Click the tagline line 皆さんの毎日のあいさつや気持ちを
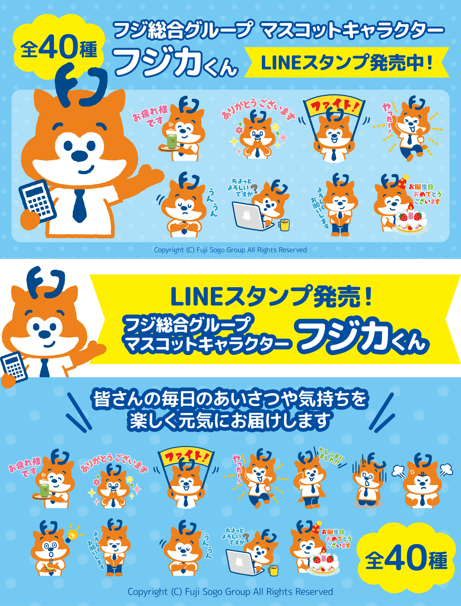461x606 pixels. click(230, 399)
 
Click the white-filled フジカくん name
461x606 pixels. click(176, 62)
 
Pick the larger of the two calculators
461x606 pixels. click(38, 202)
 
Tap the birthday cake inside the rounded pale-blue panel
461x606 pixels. click(411, 221)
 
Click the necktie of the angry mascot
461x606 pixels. click(422, 501)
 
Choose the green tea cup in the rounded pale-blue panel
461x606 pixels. click(172, 141)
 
